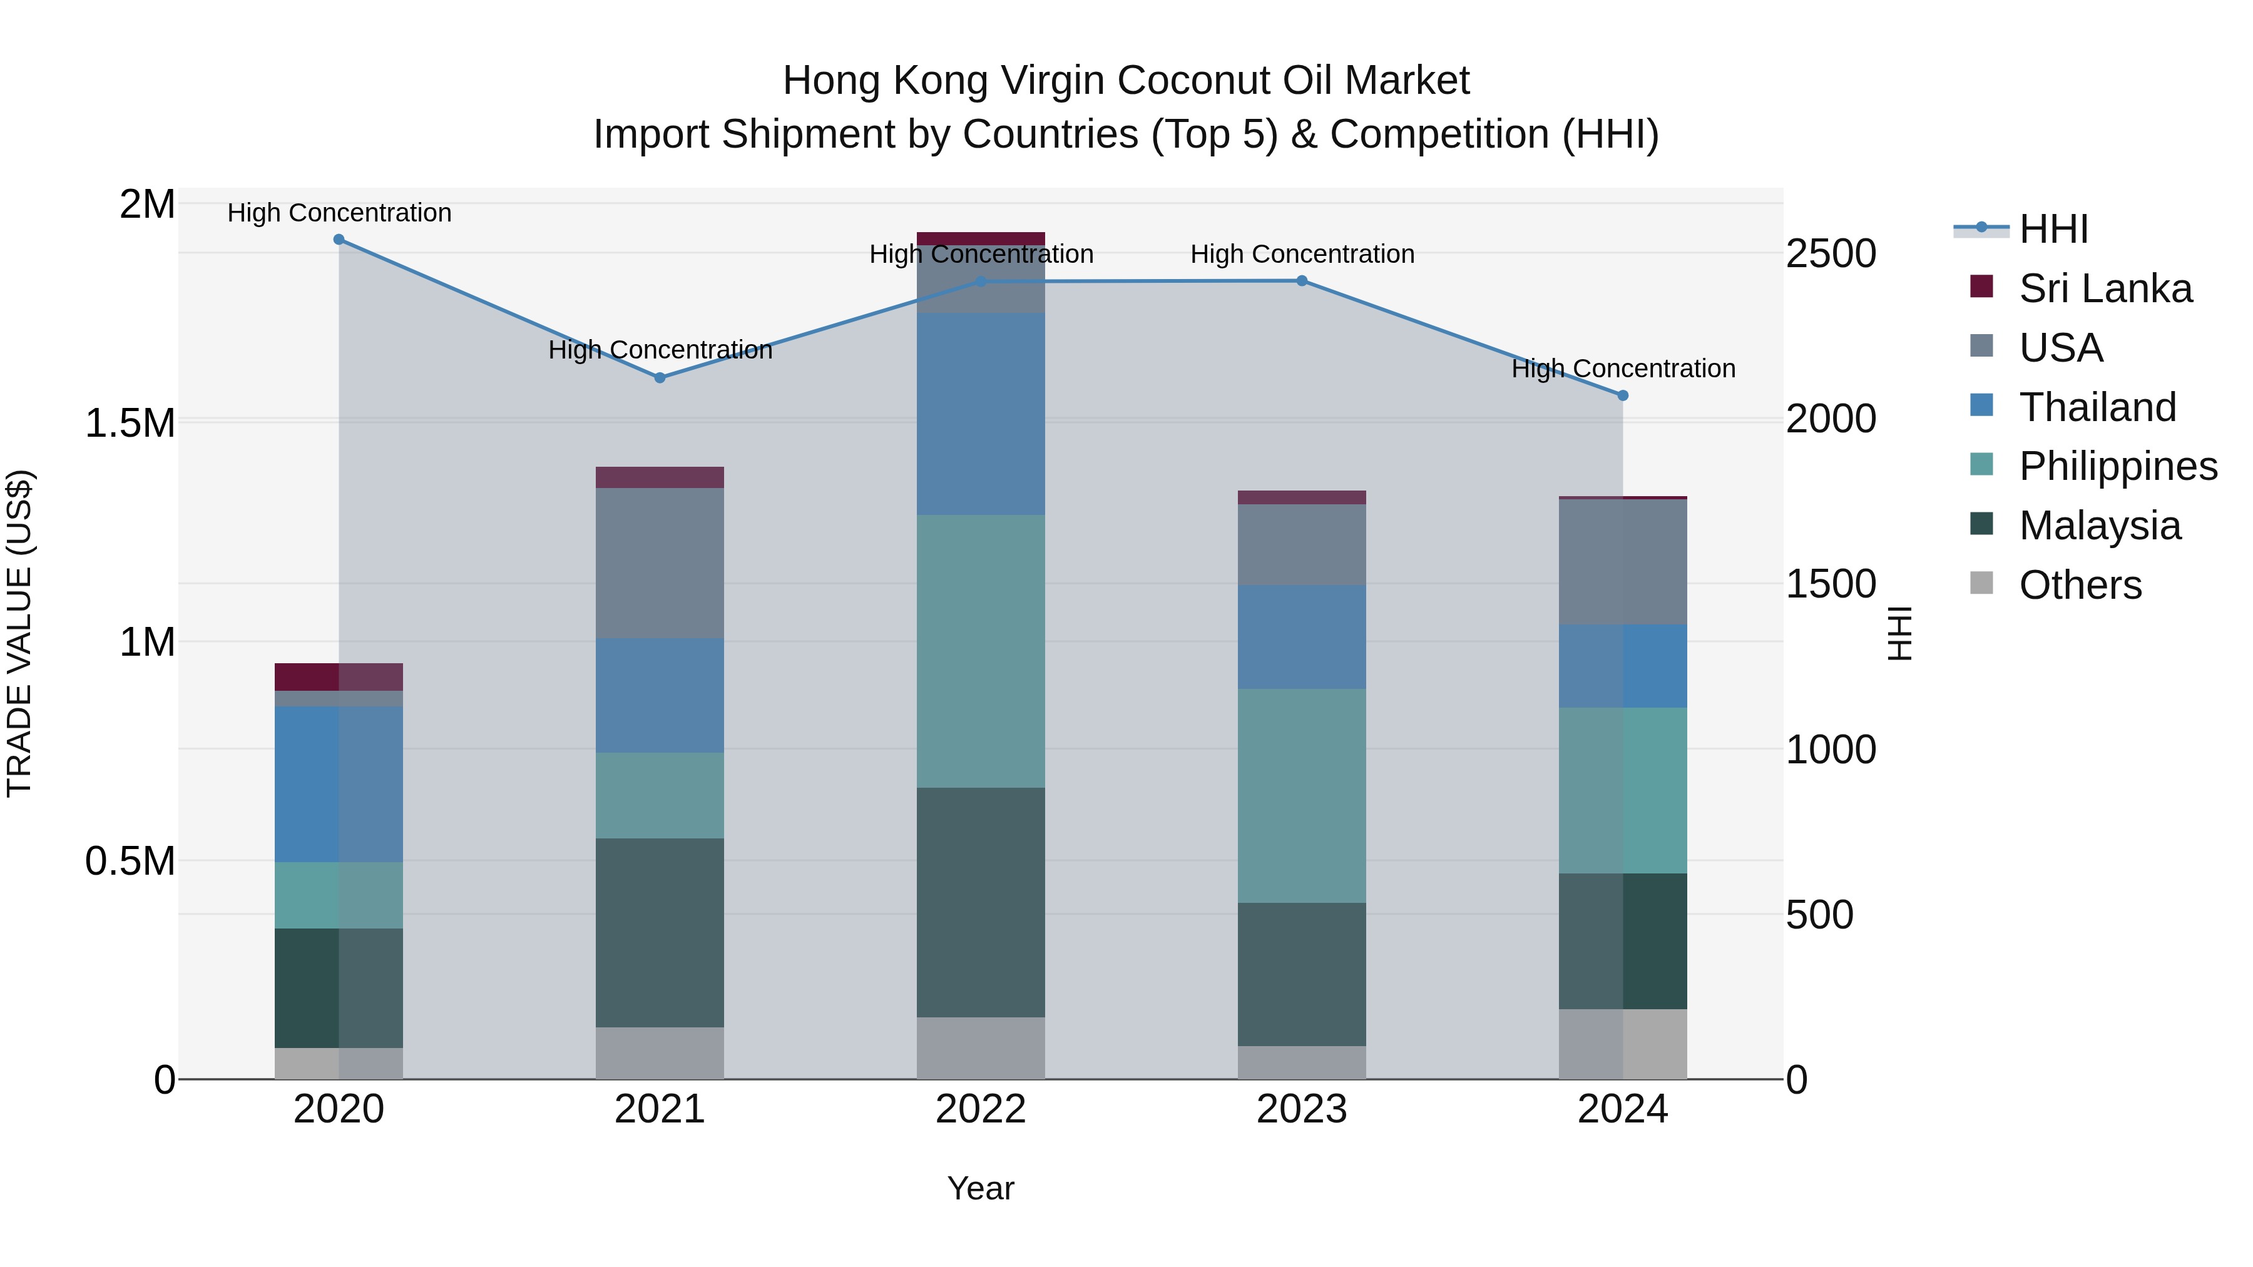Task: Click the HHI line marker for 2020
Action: pyautogui.click(x=339, y=240)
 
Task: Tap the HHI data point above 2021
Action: pyautogui.click(x=660, y=378)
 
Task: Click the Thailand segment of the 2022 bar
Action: pyautogui.click(x=981, y=414)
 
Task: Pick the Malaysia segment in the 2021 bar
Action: pyautogui.click(x=660, y=932)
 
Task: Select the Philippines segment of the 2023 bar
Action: pyautogui.click(x=1302, y=796)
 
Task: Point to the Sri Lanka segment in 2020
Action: pyautogui.click(x=339, y=677)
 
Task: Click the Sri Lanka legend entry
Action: pyautogui.click(x=2105, y=288)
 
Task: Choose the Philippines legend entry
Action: pyautogui.click(x=2117, y=466)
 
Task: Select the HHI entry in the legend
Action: pyautogui.click(x=2053, y=229)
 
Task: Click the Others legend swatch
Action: pyautogui.click(x=1982, y=583)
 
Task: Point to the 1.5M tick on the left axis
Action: pyautogui.click(x=130, y=423)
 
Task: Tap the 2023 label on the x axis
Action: pyautogui.click(x=1302, y=1109)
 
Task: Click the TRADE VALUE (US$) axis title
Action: pyautogui.click(x=19, y=633)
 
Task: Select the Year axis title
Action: pyautogui.click(x=981, y=1188)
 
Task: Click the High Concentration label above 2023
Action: pyautogui.click(x=1302, y=255)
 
